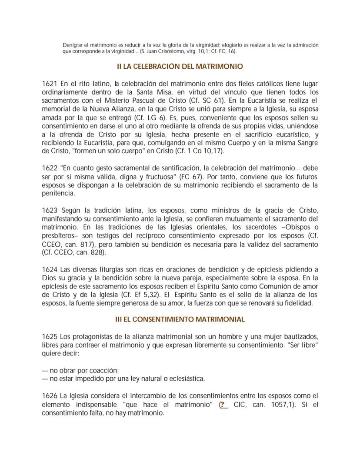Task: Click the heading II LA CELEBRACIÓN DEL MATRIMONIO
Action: [x=180, y=67]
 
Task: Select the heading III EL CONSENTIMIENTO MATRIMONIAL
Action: [x=180, y=319]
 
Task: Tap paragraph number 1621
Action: [x=50, y=84]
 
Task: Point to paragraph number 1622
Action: [x=50, y=168]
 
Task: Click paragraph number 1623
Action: [x=50, y=210]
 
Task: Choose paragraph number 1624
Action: [x=50, y=269]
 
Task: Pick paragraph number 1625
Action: [x=50, y=337]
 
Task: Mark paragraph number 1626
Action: [x=50, y=396]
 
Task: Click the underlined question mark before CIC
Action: [x=224, y=405]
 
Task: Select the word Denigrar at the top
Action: [x=72, y=45]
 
